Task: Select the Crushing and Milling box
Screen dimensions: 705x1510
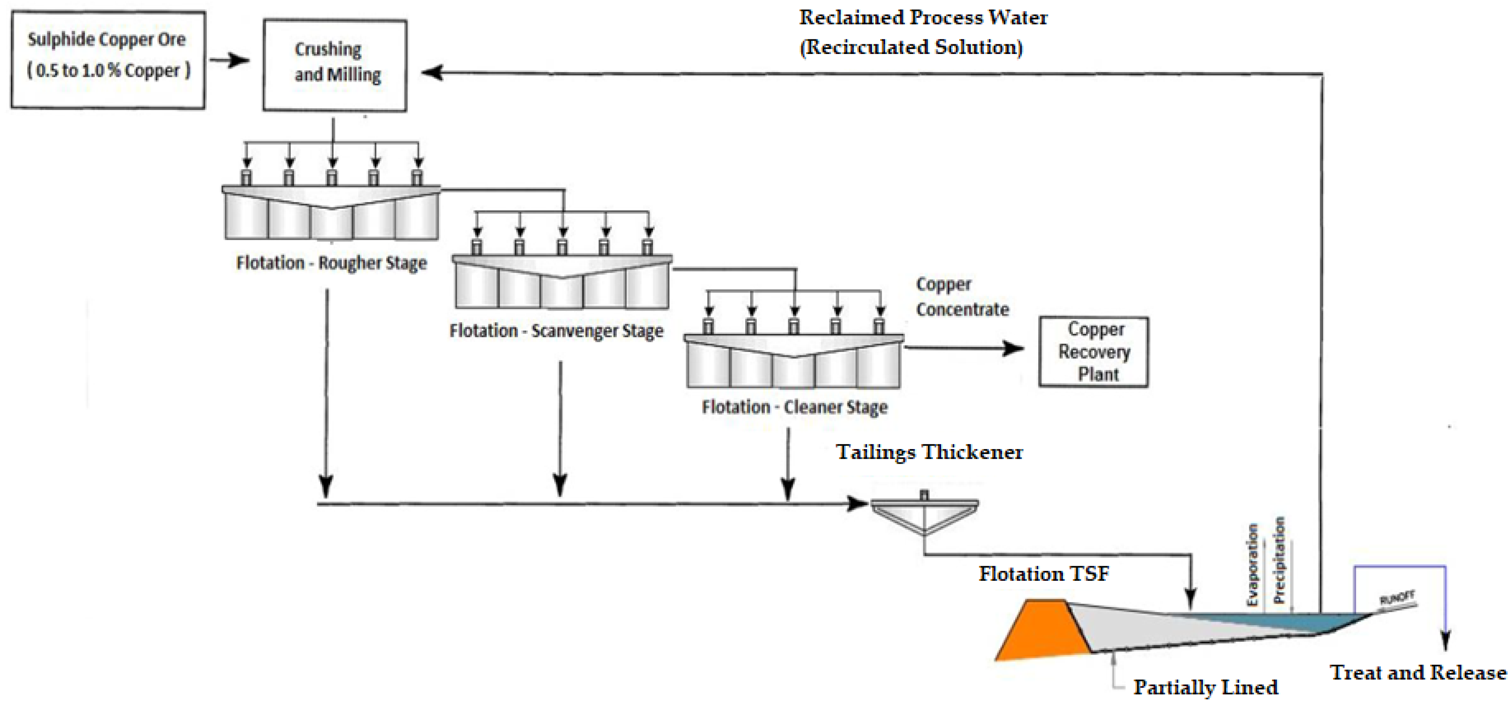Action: coord(335,65)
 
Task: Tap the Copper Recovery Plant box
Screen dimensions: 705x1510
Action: coord(1093,352)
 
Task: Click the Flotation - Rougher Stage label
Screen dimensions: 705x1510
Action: coord(331,263)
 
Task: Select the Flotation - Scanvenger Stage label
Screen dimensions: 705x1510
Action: coord(556,331)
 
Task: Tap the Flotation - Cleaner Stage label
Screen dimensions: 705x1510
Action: coord(794,407)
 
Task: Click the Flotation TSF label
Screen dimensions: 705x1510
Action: coord(1043,574)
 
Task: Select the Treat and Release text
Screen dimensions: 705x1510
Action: coord(1417,672)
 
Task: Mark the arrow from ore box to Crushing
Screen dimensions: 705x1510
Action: coord(229,60)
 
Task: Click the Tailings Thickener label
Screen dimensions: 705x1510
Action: coord(929,453)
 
